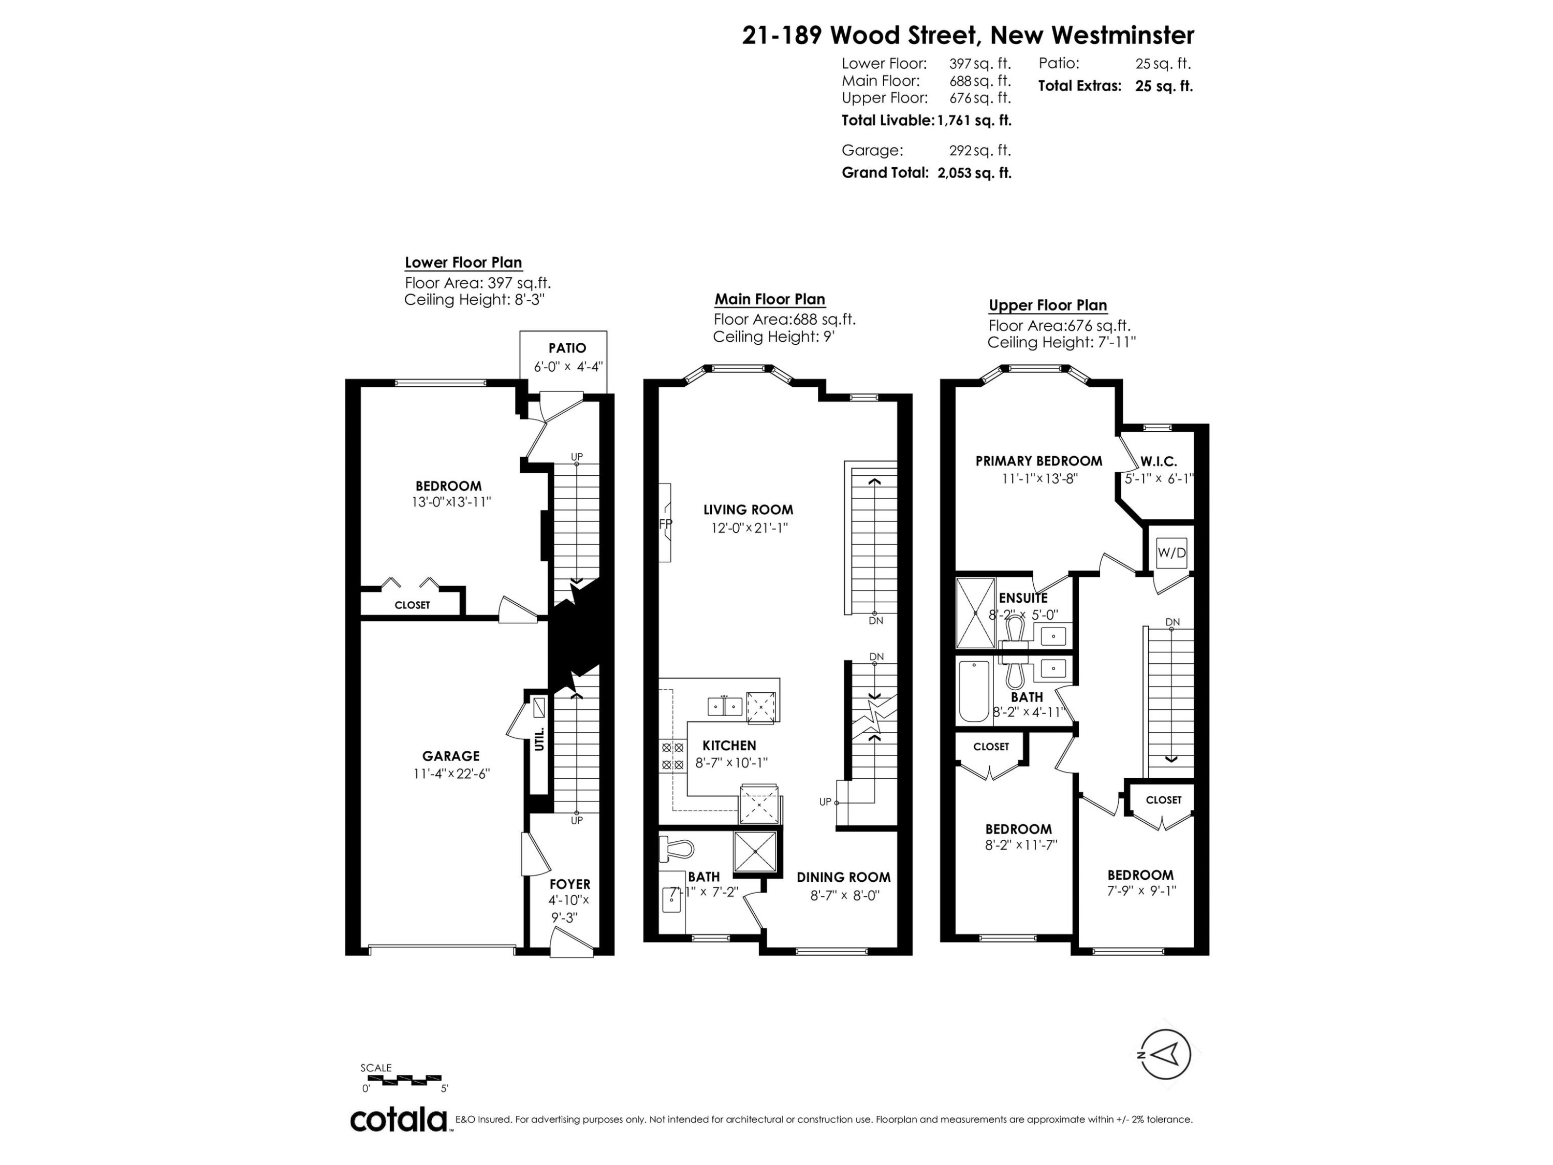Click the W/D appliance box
(x=1171, y=552)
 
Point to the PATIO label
(x=567, y=347)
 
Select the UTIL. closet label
(x=540, y=739)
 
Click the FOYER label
(x=569, y=884)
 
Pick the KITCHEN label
(x=729, y=746)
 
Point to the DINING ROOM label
(x=843, y=877)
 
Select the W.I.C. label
(x=1159, y=461)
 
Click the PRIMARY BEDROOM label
(x=1038, y=461)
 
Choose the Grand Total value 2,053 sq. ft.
(x=974, y=173)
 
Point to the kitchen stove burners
(x=672, y=755)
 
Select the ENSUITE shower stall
(x=976, y=613)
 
